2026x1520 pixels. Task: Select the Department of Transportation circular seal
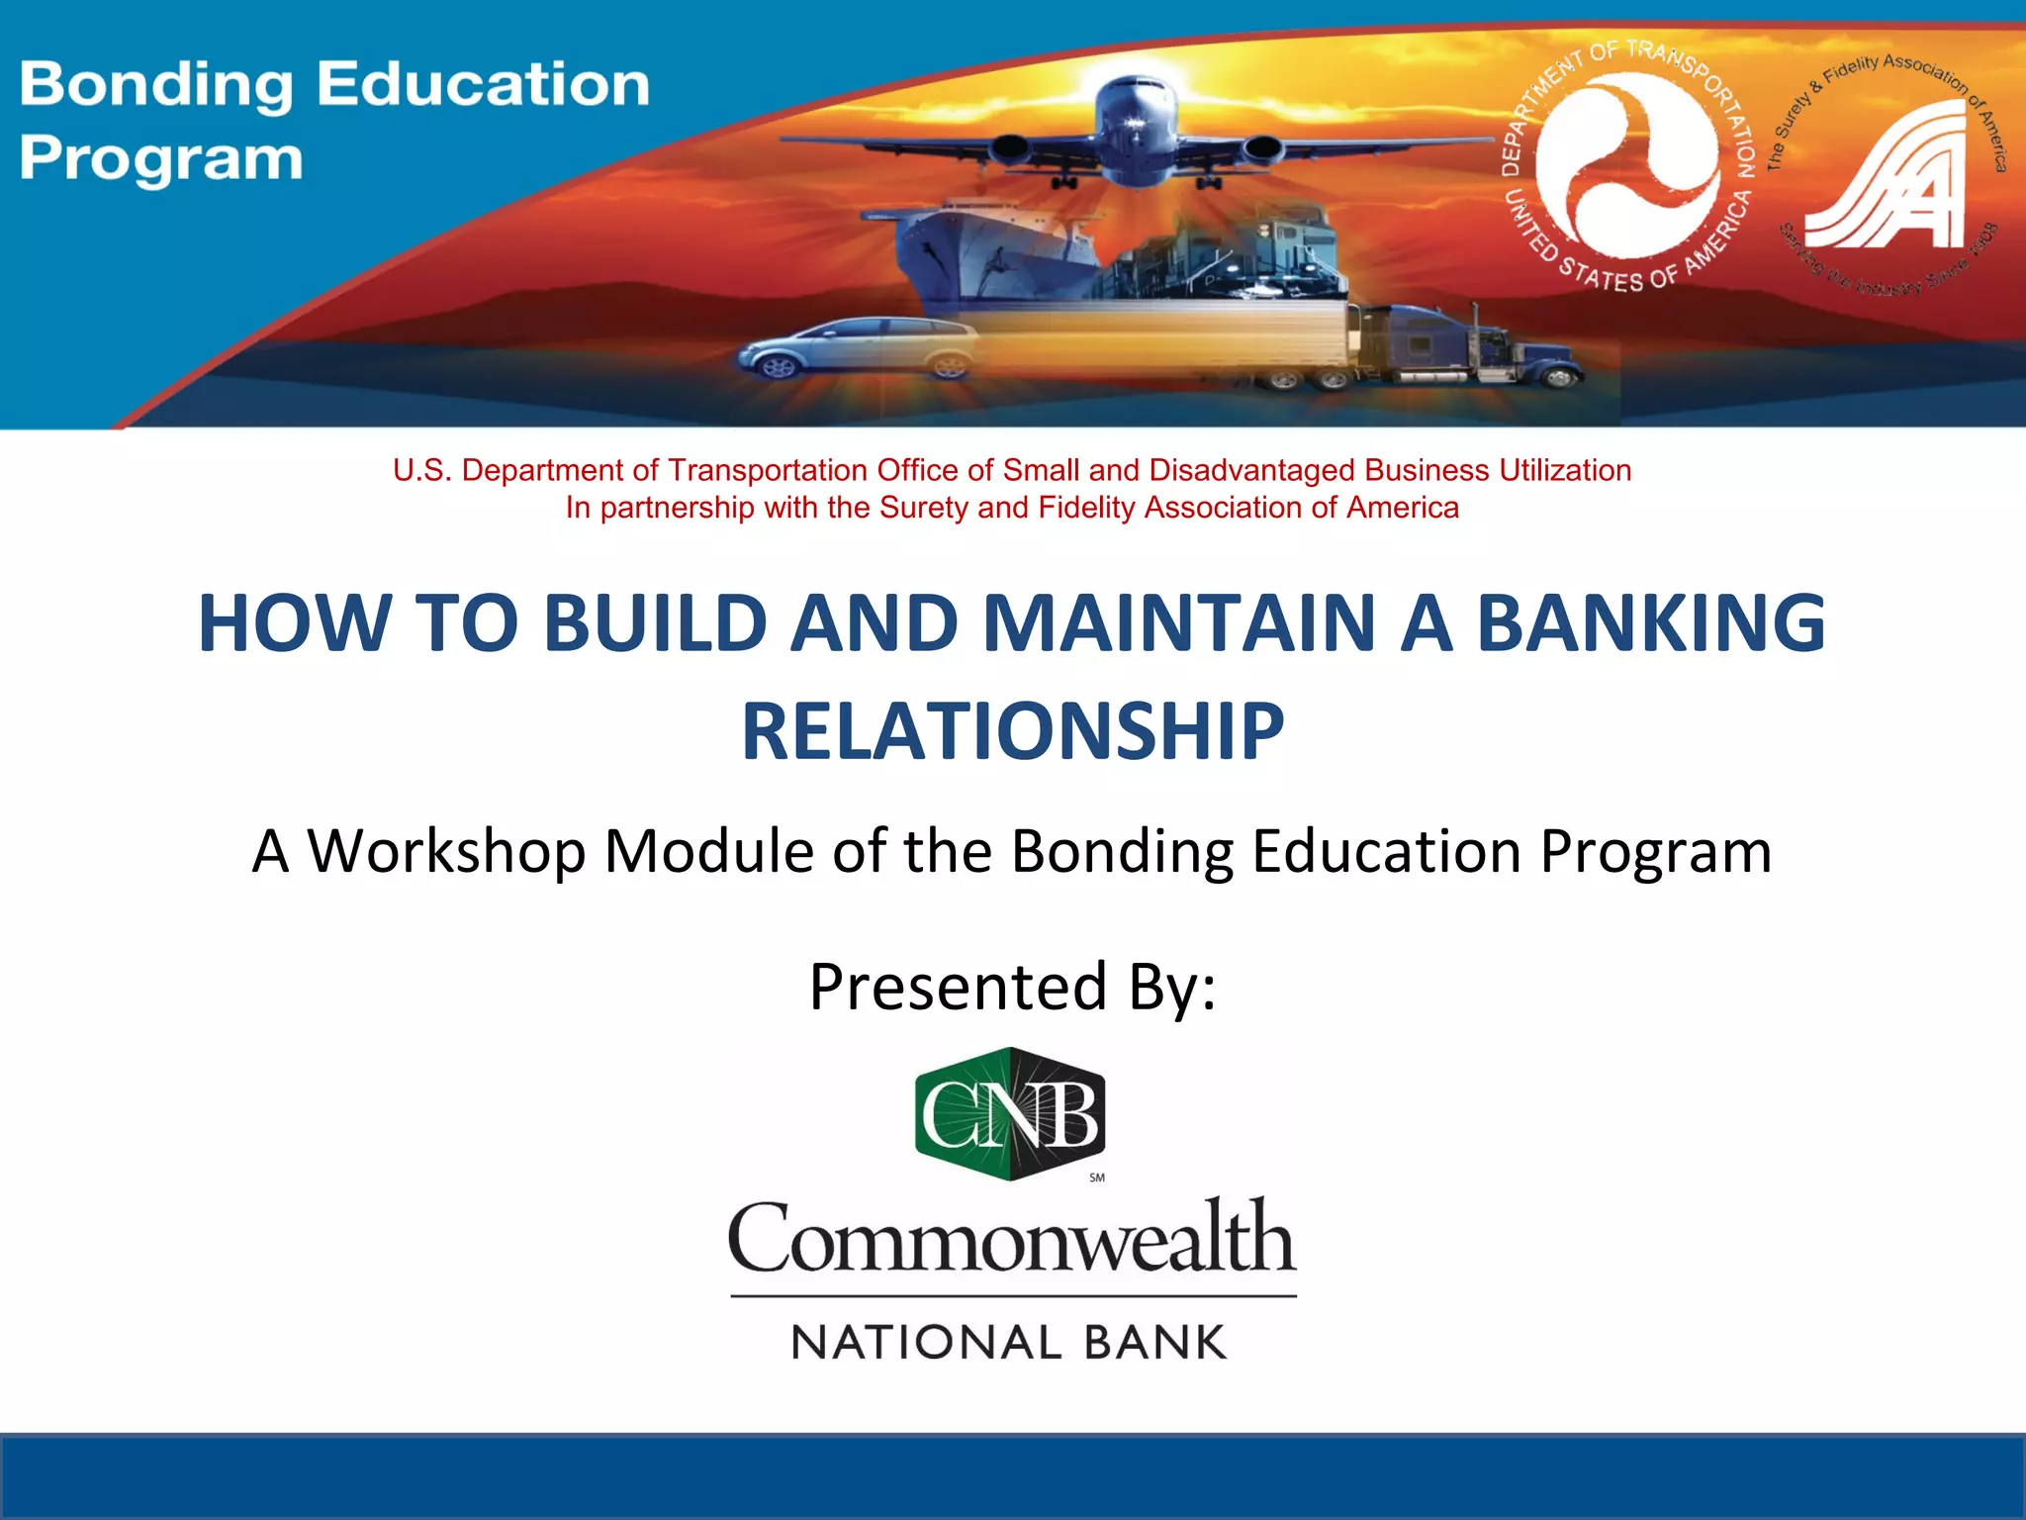[x=1627, y=165]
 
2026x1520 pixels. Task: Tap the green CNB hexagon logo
[x=1010, y=1113]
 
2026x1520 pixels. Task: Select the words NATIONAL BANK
[x=1009, y=1343]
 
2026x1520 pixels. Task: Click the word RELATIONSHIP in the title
[x=1013, y=731]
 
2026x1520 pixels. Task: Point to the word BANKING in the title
[x=1650, y=623]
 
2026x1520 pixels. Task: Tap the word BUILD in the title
[x=655, y=623]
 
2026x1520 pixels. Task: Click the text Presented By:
[x=1012, y=987]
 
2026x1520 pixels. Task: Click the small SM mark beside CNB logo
[x=1097, y=1178]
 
